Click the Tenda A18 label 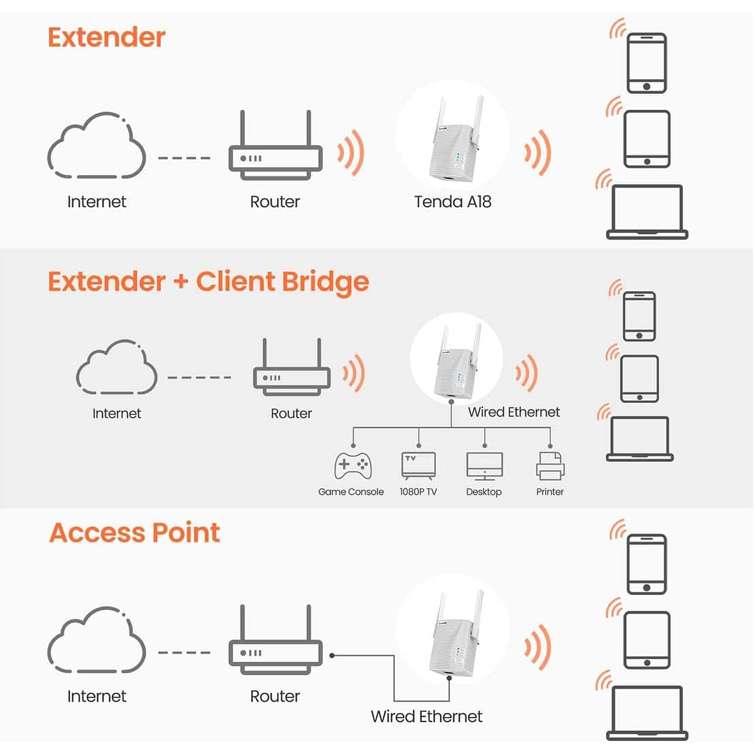point(452,202)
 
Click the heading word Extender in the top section point(106,37)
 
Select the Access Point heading point(134,533)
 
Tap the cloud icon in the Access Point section point(97,640)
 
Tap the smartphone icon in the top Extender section point(647,63)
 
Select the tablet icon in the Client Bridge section point(640,379)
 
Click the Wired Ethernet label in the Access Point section point(426,717)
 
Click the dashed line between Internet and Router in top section point(184,158)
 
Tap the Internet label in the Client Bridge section point(117,414)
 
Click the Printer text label point(550,492)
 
